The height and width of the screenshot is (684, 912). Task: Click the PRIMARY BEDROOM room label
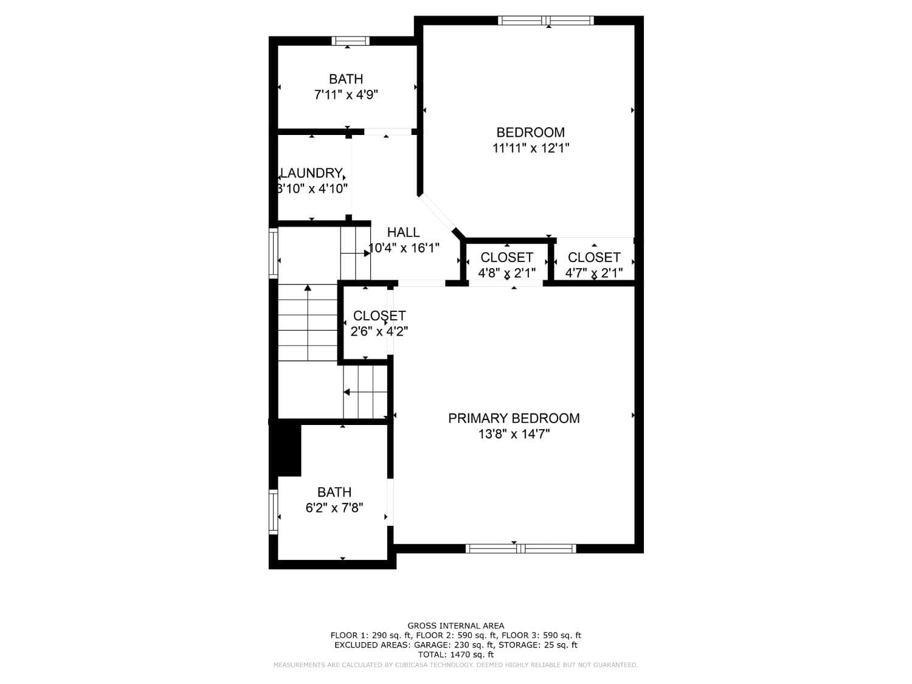[x=514, y=418]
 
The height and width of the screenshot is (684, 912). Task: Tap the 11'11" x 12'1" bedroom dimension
[x=531, y=148]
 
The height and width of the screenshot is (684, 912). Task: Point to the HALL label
[x=404, y=232]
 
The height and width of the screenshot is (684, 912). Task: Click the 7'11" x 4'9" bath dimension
[x=346, y=95]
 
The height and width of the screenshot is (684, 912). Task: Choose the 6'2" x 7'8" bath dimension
[x=334, y=508]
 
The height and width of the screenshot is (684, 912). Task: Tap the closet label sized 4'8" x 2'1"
[x=506, y=257]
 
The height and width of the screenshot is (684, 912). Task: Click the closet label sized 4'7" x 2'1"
[x=594, y=257]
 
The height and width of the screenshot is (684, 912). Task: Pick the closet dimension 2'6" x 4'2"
[x=379, y=331]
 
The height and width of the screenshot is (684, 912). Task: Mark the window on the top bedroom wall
[x=545, y=21]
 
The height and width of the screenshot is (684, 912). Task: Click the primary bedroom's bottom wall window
[x=520, y=548]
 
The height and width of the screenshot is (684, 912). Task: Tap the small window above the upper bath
[x=350, y=41]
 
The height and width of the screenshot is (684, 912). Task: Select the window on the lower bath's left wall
[x=274, y=512]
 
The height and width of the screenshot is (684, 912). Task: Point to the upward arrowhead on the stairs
[x=308, y=288]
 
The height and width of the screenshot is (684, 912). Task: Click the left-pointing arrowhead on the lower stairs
[x=347, y=392]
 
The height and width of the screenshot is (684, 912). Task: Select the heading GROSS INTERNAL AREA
[x=455, y=626]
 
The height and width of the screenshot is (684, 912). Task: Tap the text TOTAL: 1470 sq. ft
[x=455, y=655]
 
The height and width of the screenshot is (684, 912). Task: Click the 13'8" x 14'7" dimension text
[x=514, y=434]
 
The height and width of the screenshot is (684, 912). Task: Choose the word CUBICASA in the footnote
[x=407, y=665]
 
